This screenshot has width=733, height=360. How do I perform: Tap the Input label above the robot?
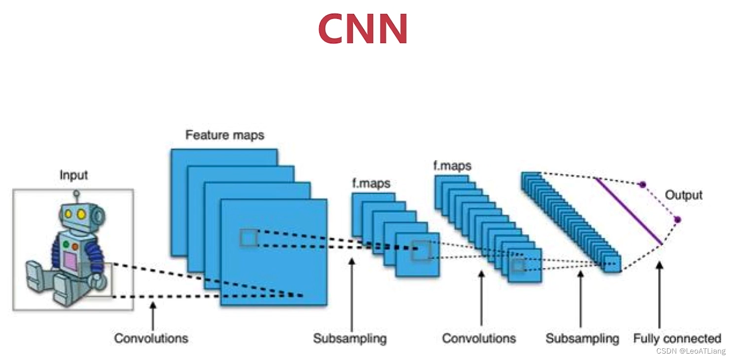pos(74,175)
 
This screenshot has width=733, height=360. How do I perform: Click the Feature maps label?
pos(225,135)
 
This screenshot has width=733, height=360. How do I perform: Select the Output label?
pos(683,195)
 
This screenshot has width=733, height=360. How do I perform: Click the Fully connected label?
pos(677,338)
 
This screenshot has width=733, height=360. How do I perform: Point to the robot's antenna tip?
pos(76,194)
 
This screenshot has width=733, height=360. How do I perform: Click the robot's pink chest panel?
pos(70,261)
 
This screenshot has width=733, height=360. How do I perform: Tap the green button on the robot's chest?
pos(66,244)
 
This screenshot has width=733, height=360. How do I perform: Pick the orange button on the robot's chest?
pos(75,247)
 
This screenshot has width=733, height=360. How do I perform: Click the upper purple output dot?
pos(643,185)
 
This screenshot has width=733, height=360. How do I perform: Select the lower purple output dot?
pos(677,220)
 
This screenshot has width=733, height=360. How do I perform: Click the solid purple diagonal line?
pos(628,211)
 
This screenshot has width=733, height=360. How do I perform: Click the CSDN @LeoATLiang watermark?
pos(691,351)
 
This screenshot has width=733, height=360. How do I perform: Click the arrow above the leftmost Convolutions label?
pos(153,316)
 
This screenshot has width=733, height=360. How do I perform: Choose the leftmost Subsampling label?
pos(350,338)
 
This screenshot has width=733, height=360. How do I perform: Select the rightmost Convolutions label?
pos(479,338)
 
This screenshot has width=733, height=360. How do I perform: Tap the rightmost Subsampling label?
pos(582,338)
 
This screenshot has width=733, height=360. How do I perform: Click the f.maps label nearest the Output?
pos(452,166)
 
